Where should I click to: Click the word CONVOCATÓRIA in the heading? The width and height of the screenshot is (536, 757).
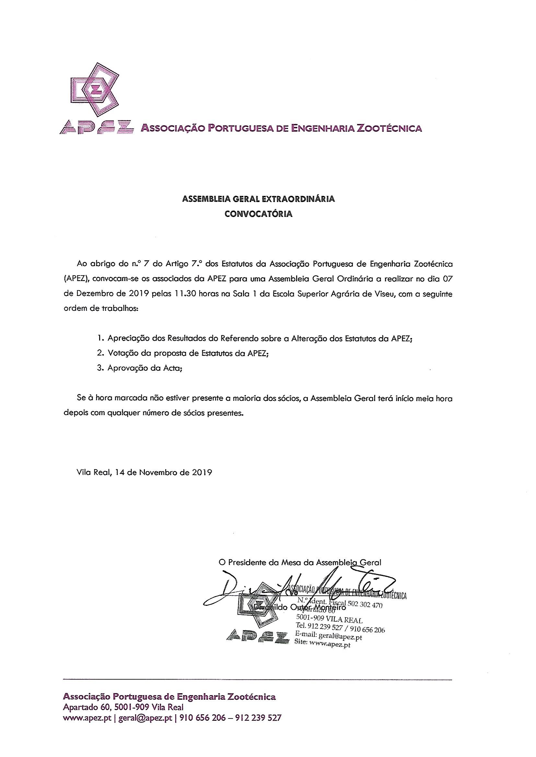click(x=258, y=214)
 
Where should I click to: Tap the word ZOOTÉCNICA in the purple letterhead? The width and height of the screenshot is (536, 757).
click(x=389, y=128)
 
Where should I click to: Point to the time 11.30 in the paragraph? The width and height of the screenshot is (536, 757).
click(x=182, y=294)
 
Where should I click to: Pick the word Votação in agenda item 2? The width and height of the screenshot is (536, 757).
click(x=122, y=353)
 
